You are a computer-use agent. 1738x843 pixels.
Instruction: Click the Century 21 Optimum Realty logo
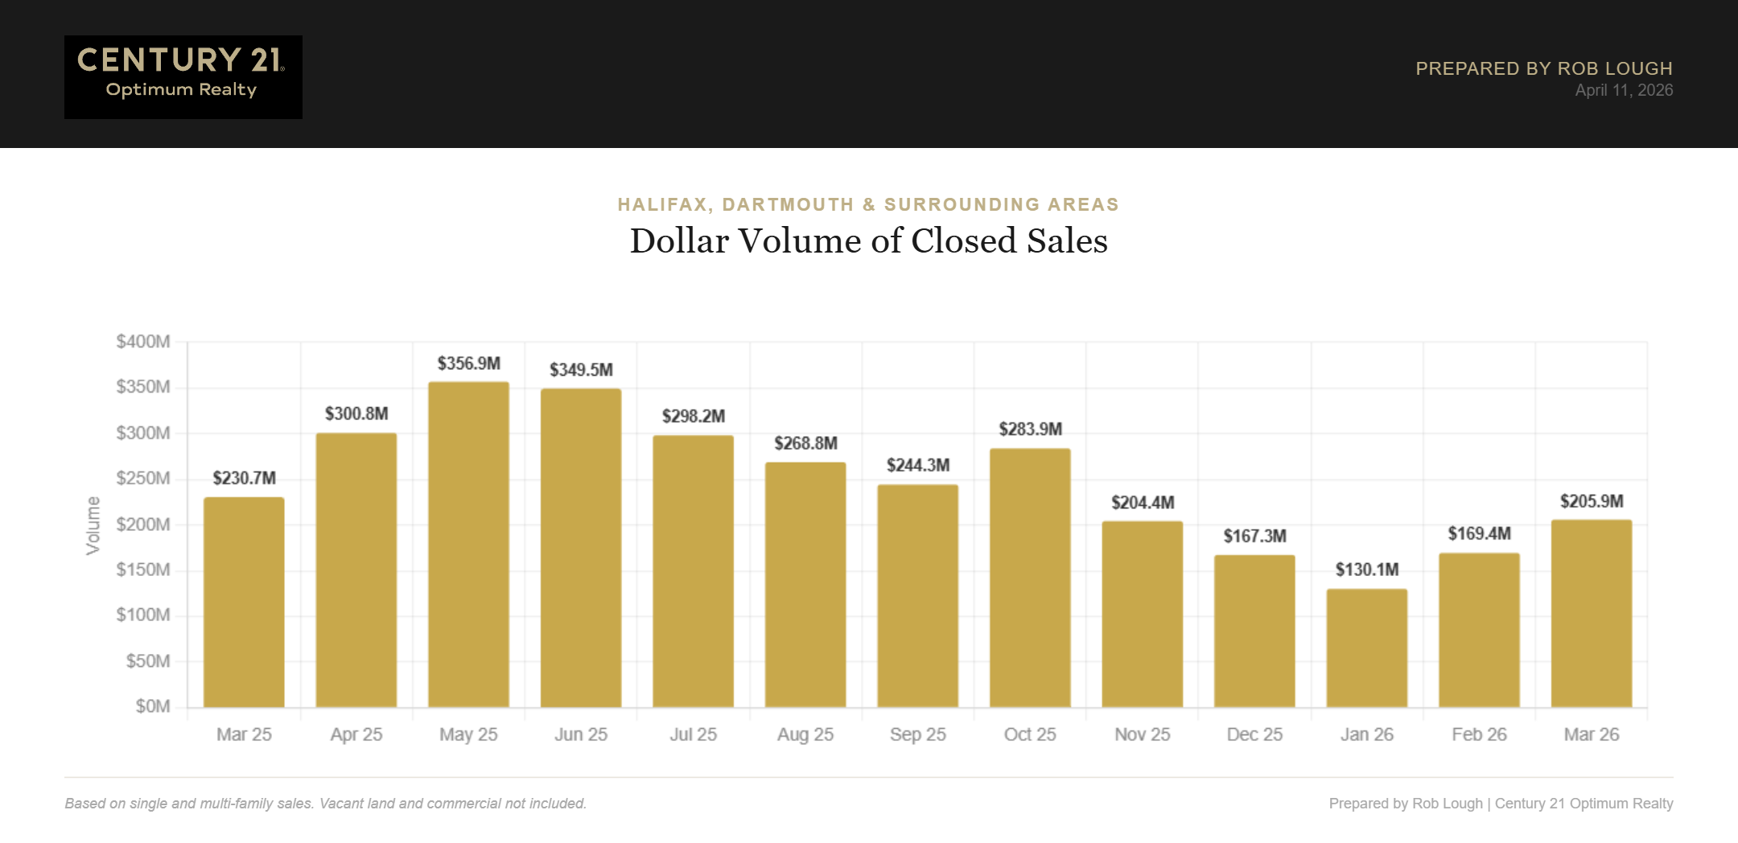pyautogui.click(x=183, y=76)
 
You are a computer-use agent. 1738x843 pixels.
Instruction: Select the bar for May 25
pyautogui.click(x=468, y=545)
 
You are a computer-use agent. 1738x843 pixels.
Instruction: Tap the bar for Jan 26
pyautogui.click(x=1366, y=648)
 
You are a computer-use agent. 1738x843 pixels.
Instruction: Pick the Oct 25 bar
pyautogui.click(x=1030, y=578)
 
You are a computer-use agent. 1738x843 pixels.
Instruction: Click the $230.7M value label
pyautogui.click(x=244, y=478)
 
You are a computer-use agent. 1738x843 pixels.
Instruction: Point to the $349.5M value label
pyautogui.click(x=581, y=369)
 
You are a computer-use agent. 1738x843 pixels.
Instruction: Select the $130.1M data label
pyautogui.click(x=1366, y=570)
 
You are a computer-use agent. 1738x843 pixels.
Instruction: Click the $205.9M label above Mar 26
pyautogui.click(x=1591, y=501)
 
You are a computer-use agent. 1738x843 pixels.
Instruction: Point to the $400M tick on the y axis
pyautogui.click(x=143, y=341)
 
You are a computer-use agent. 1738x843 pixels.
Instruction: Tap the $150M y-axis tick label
pyautogui.click(x=143, y=570)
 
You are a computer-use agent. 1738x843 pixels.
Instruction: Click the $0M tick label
pyautogui.click(x=153, y=706)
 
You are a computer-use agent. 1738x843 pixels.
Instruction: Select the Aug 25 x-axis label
pyautogui.click(x=805, y=734)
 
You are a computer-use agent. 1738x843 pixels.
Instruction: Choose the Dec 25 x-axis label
pyautogui.click(x=1254, y=734)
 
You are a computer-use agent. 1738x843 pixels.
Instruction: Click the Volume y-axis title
pyautogui.click(x=93, y=524)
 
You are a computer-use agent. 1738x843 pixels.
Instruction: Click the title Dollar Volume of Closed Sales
pyautogui.click(x=868, y=241)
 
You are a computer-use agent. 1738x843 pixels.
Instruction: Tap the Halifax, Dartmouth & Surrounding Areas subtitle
pyautogui.click(x=868, y=204)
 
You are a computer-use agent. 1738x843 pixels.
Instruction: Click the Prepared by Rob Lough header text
pyautogui.click(x=1543, y=68)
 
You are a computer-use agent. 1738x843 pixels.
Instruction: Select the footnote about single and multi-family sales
pyautogui.click(x=325, y=803)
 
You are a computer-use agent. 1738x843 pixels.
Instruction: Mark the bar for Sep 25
pyautogui.click(x=917, y=595)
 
